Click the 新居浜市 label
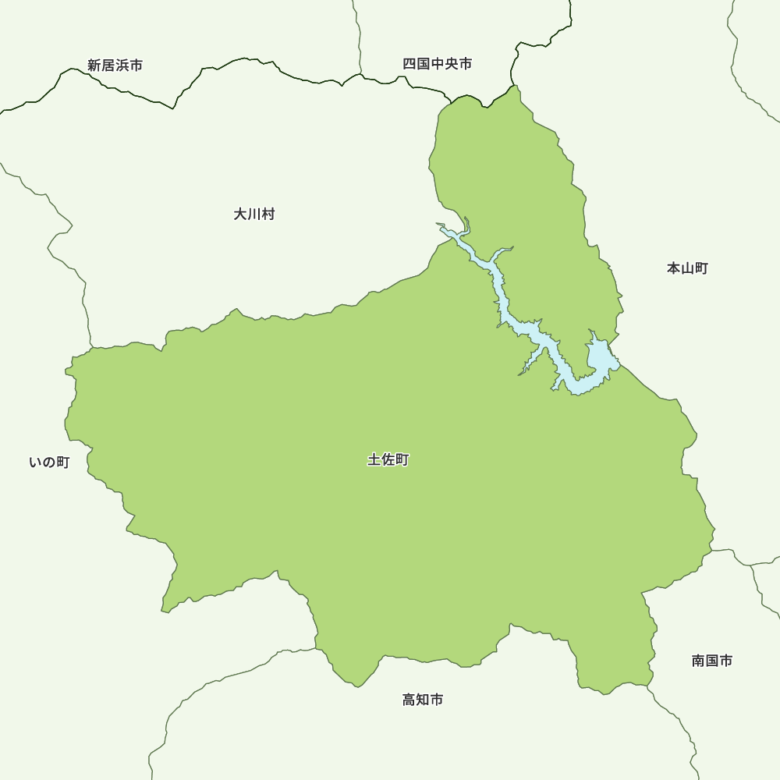tap(115, 66)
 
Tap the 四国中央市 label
tap(437, 64)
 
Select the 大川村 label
tap(253, 214)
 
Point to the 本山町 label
tap(687, 268)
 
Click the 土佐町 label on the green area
tap(388, 460)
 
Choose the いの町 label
tap(49, 463)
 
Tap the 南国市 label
tap(711, 661)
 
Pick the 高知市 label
tap(423, 700)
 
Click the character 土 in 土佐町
tap(374, 460)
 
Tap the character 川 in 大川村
tap(253, 214)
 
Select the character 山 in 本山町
tap(687, 268)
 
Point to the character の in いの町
tap(48, 463)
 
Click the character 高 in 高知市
tap(409, 700)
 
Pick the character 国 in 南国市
tap(711, 661)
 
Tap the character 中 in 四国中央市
tap(437, 64)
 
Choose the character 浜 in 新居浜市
tap(122, 66)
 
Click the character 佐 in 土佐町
tap(388, 460)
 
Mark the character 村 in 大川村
tap(268, 214)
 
